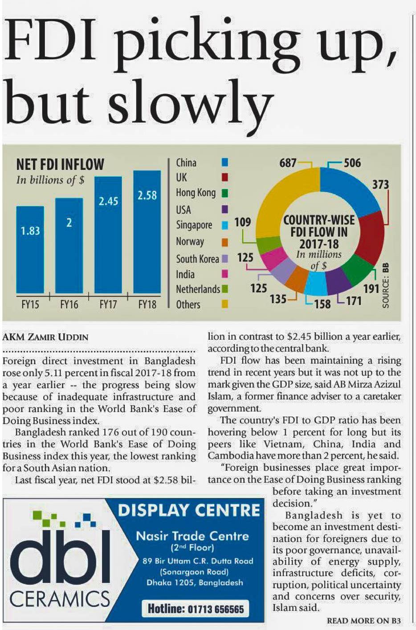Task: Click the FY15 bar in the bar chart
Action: (x=30, y=249)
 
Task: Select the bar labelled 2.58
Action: (x=147, y=232)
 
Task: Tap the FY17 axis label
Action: (x=108, y=305)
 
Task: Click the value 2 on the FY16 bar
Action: (x=69, y=223)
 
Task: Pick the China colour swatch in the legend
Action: (x=225, y=163)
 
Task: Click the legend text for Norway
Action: (x=190, y=242)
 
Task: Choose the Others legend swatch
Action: (x=225, y=304)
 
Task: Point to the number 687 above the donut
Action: (x=288, y=163)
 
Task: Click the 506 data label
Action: (x=352, y=163)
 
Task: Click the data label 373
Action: (x=380, y=184)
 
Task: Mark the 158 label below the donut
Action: (x=322, y=304)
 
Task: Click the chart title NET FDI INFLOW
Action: (x=60, y=165)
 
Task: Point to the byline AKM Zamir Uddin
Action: (x=45, y=337)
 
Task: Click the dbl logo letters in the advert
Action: (x=60, y=557)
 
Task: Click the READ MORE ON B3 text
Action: (x=363, y=621)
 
